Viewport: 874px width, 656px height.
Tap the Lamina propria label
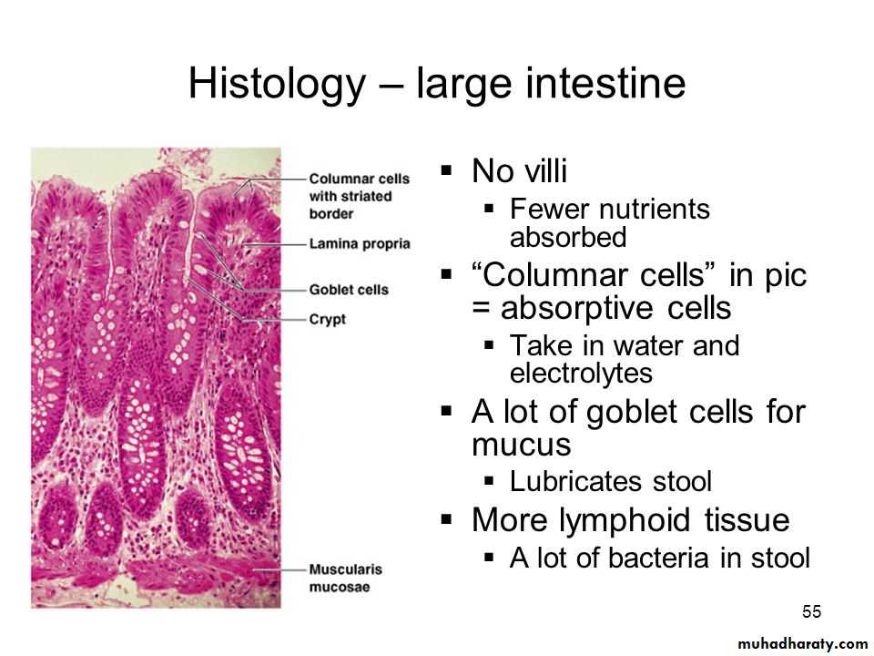pos(360,244)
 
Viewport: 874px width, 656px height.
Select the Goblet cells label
pos(349,290)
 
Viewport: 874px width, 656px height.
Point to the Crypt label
pos(328,320)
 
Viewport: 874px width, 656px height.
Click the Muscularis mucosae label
pos(346,578)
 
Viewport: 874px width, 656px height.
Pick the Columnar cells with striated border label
pos(359,196)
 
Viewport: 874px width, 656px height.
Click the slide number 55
pos(811,611)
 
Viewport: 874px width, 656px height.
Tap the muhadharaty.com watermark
pos(802,644)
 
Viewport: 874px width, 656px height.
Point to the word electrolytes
pos(581,373)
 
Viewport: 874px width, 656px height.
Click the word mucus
pos(521,445)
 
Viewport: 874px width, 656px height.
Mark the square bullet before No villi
pos(446,169)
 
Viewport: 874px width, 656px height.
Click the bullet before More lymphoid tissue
pos(446,520)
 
